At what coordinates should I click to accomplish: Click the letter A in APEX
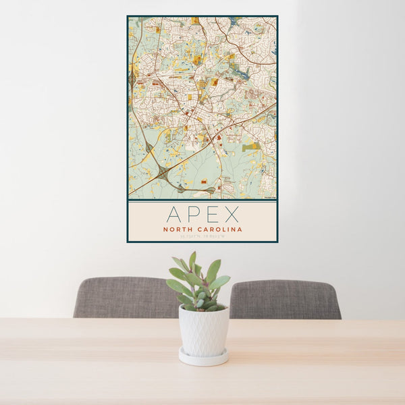coord(174,215)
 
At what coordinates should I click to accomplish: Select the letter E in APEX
coord(211,215)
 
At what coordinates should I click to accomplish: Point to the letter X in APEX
coord(231,215)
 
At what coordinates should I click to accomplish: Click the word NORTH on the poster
coord(178,230)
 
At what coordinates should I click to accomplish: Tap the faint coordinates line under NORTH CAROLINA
coord(202,236)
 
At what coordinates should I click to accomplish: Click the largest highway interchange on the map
coord(162,173)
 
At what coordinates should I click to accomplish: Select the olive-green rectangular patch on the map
coord(250,146)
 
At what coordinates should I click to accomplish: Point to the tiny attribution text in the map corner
coord(269,198)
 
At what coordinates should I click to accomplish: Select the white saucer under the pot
coord(203,357)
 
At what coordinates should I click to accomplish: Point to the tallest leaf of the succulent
coord(192,260)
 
